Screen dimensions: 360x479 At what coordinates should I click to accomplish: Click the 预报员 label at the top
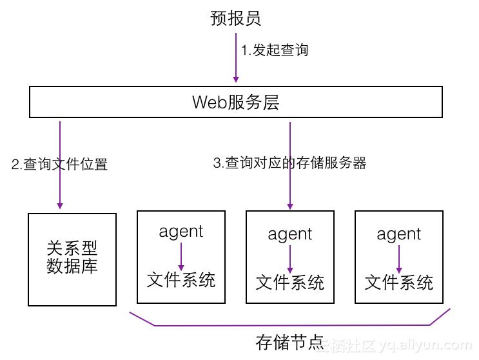[x=235, y=17]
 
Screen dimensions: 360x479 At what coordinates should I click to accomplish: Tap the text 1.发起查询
[x=275, y=50]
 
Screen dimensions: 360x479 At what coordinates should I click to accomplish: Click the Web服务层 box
[x=236, y=102]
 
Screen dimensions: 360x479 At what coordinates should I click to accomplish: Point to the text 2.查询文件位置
[x=59, y=164]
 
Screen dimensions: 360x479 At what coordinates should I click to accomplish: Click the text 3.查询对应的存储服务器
[x=289, y=163]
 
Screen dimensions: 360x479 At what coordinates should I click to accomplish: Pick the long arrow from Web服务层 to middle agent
[x=290, y=187]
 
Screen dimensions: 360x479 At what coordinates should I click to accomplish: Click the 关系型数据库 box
[x=72, y=259]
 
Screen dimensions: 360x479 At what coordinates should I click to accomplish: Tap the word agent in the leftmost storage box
[x=181, y=231]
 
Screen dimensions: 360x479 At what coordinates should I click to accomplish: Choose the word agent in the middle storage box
[x=290, y=234]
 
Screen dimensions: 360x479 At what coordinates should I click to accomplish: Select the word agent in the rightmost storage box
[x=399, y=234]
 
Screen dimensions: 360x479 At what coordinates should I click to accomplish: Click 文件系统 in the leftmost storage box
[x=181, y=279]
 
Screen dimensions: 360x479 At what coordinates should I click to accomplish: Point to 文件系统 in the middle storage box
[x=290, y=282]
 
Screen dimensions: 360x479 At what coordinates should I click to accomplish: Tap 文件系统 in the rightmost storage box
[x=399, y=282]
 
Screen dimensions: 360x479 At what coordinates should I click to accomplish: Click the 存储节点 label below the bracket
[x=289, y=342]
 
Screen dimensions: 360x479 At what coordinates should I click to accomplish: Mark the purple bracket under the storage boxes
[x=289, y=325]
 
